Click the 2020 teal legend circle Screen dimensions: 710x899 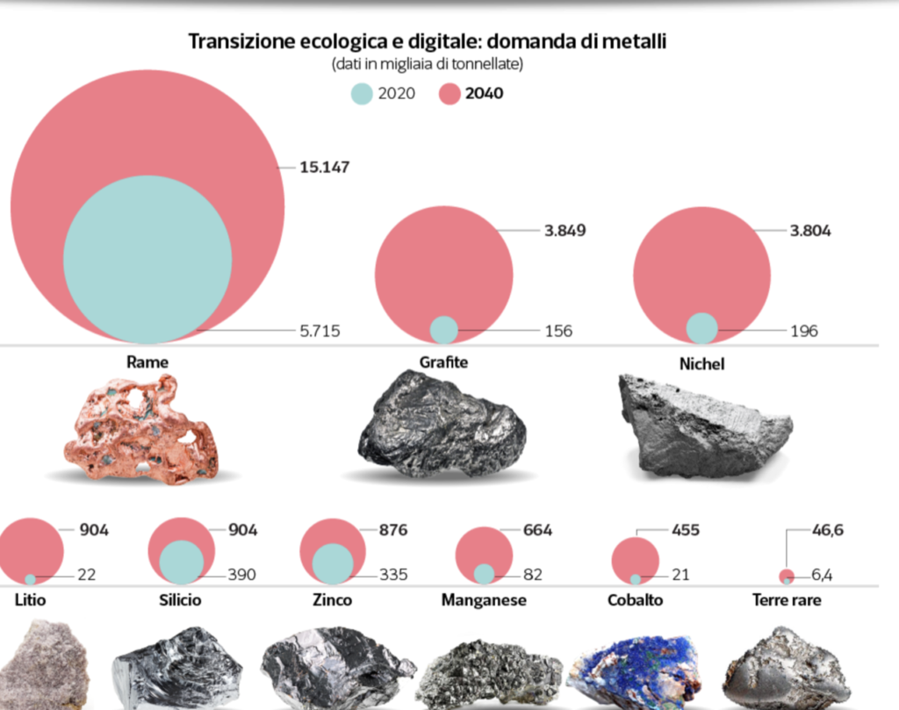[362, 93]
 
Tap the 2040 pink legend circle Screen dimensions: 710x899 [449, 93]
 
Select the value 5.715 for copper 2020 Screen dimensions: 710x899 [319, 331]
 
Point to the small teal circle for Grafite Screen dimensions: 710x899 [444, 329]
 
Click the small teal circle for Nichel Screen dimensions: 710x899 [701, 328]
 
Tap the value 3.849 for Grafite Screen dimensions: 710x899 [565, 231]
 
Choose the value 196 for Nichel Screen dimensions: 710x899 [803, 331]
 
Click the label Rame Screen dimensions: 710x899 [147, 361]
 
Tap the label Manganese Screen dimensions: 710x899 [484, 600]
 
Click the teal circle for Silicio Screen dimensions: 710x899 [182, 563]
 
